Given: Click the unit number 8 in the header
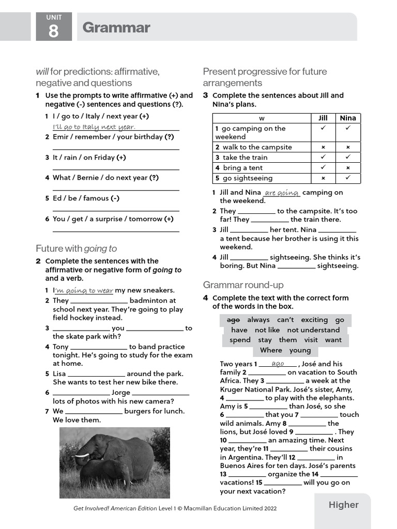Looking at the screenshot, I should tap(54, 32).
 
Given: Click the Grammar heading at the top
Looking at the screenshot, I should tap(116, 27).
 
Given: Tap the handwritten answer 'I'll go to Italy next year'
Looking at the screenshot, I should tap(94, 127).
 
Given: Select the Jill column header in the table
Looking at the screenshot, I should tap(323, 118).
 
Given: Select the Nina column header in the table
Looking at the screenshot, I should tap(348, 118).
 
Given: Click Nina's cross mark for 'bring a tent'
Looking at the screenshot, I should tap(348, 168).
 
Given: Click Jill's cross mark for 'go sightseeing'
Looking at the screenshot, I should tap(323, 178).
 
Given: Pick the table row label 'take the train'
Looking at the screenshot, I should tap(245, 158).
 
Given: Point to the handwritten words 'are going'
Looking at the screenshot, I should tap(282, 193).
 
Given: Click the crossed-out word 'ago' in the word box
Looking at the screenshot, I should tap(233, 320).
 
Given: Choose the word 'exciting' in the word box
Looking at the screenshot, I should tap(314, 320).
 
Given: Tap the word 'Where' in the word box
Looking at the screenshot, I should tap(271, 350).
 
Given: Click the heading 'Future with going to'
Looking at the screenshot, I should tap(76, 248).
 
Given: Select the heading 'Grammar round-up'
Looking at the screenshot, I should tap(243, 285).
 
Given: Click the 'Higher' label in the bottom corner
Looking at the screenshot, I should tap(343, 505).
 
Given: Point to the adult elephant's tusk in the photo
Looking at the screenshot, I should tap(83, 456).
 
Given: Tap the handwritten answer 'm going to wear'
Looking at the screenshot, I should tap(84, 290).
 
